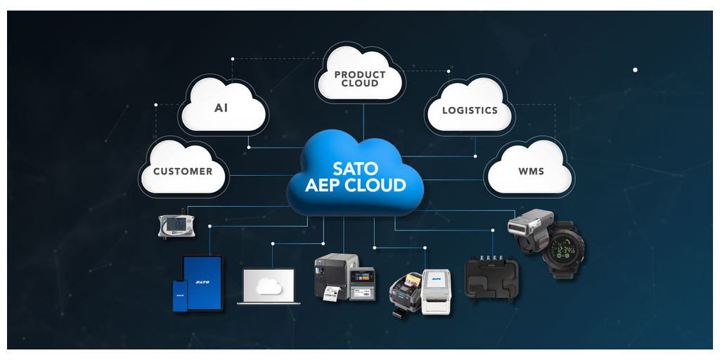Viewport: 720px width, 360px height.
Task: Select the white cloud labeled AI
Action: click(x=221, y=108)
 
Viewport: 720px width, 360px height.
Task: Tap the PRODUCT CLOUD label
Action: click(x=360, y=79)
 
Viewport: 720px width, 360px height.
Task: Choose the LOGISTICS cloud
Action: click(x=469, y=110)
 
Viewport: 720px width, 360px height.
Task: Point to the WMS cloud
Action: click(x=530, y=171)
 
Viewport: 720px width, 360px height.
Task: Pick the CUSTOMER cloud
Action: click(x=183, y=171)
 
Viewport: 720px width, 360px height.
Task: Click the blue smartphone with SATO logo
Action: click(x=180, y=295)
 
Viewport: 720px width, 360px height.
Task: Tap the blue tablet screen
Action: click(x=202, y=282)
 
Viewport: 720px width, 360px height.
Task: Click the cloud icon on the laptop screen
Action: click(x=269, y=285)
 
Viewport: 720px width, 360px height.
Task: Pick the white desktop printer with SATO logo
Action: click(x=436, y=288)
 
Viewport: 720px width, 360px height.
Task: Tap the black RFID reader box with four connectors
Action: click(x=491, y=278)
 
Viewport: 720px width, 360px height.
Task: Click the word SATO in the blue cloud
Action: click(x=355, y=169)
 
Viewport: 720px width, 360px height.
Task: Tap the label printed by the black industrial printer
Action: click(x=330, y=295)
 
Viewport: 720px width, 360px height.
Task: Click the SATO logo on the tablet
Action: click(x=202, y=281)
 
